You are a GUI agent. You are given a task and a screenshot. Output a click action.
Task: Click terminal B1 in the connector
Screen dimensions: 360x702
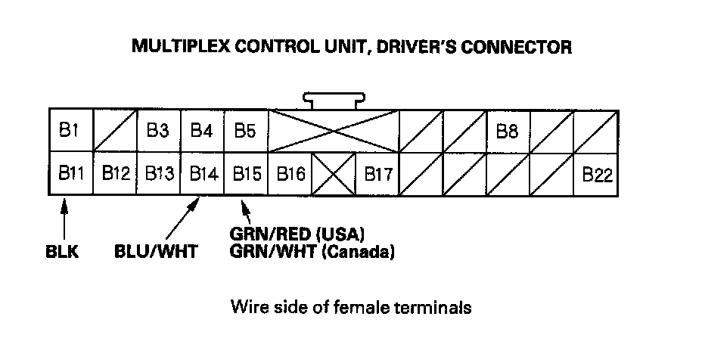70,131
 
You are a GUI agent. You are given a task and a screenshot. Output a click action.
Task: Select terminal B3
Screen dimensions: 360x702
157,131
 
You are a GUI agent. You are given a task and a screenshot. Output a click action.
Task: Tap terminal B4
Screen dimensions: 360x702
201,131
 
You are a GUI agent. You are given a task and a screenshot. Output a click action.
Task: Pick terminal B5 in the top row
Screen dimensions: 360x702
245,131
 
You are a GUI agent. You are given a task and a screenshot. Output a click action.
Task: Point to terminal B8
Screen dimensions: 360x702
507,131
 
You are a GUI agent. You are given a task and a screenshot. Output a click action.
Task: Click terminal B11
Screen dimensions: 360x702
70,174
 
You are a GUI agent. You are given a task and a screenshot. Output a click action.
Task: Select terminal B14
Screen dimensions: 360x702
202,174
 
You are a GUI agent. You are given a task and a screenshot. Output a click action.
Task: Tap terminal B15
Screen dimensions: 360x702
246,174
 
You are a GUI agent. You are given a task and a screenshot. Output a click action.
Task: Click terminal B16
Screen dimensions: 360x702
290,174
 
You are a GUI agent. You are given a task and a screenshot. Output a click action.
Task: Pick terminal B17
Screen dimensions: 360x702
377,174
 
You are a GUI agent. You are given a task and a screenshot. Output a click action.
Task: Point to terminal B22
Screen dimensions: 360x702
596,174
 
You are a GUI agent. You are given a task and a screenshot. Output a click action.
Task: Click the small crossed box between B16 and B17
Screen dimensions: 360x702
334,174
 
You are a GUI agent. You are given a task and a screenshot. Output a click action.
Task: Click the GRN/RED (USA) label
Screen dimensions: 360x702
303,233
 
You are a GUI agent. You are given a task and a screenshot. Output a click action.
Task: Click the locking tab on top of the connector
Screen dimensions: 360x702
334,100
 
